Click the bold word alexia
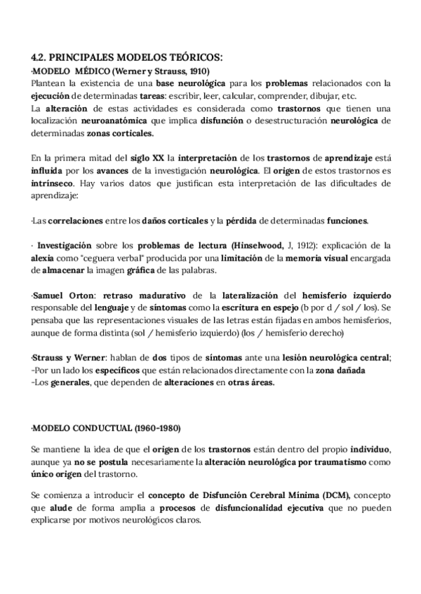44,258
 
